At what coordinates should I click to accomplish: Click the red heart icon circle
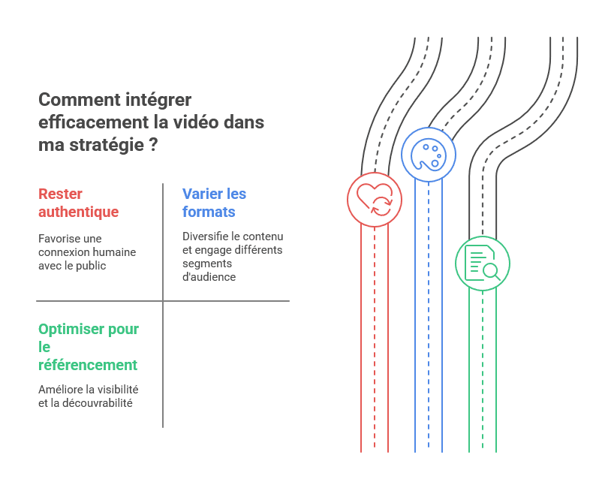pyautogui.click(x=375, y=199)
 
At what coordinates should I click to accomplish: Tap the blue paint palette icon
pyautogui.click(x=429, y=154)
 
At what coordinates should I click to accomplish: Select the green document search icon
pyautogui.click(x=483, y=263)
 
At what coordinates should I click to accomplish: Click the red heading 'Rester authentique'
pyautogui.click(x=78, y=203)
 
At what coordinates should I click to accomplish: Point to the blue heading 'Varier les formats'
pyautogui.click(x=214, y=203)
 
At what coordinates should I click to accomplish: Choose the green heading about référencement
pyautogui.click(x=88, y=347)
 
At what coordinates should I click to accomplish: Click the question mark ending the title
pyautogui.click(x=154, y=145)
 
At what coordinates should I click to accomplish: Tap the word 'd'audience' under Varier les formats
pyautogui.click(x=209, y=277)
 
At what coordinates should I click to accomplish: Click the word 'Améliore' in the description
pyautogui.click(x=59, y=390)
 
